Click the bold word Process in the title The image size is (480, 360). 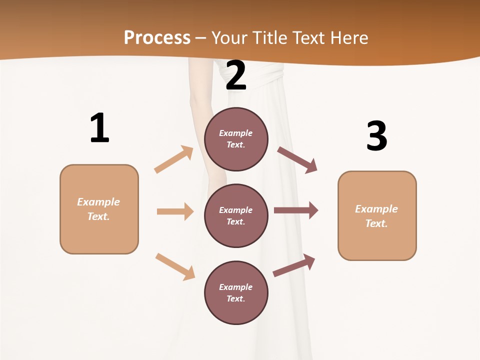(x=157, y=37)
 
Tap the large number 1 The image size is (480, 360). (x=99, y=128)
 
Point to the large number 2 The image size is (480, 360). (x=236, y=75)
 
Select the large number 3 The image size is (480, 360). (x=376, y=135)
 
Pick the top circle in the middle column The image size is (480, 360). (x=236, y=139)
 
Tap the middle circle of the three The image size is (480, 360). (x=236, y=215)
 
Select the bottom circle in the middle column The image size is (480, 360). (x=236, y=292)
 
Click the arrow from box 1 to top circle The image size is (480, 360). (x=173, y=159)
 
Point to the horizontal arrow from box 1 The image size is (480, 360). (x=175, y=211)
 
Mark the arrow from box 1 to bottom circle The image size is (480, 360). (x=175, y=266)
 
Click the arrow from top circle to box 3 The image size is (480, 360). (x=297, y=160)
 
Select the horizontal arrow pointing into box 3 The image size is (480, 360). (x=296, y=210)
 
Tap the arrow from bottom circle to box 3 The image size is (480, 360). (x=294, y=265)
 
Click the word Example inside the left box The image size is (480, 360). (x=98, y=202)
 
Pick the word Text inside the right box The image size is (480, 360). (x=376, y=223)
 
